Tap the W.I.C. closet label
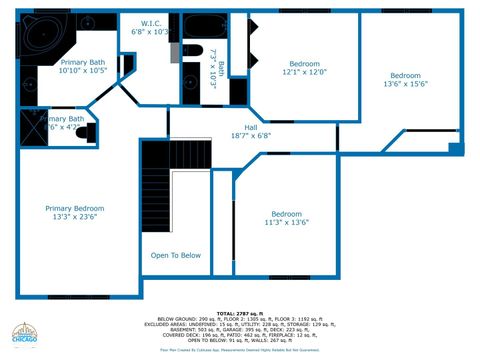pos(152,22)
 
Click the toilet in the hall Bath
pos(193,52)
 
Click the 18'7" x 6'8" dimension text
pos(251,135)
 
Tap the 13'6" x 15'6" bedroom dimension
pos(405,84)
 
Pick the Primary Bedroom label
pos(74,208)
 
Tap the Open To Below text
pos(176,255)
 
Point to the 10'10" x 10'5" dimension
pos(82,70)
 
